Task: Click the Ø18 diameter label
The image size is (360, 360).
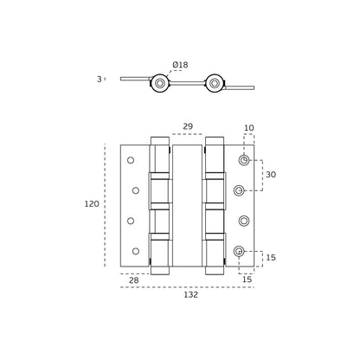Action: coord(180,65)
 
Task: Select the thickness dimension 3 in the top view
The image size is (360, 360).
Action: coord(100,79)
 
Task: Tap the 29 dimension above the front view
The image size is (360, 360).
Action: coord(188,126)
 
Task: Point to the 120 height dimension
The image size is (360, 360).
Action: coord(92,204)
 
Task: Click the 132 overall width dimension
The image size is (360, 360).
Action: coord(191,294)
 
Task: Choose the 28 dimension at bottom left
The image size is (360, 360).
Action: coord(133,280)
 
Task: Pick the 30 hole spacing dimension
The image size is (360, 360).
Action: coord(271,175)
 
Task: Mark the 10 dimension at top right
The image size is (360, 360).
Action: coord(249,128)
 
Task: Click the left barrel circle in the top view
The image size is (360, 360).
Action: coord(160,83)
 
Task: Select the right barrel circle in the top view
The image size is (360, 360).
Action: coord(214,83)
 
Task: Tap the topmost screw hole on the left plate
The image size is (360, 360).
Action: coord(131,160)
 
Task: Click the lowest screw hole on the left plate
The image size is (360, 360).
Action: coord(136,251)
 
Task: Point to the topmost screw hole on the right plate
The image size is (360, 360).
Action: coord(244,160)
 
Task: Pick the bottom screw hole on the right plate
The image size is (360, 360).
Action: coord(239,251)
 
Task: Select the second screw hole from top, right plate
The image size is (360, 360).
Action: coord(239,190)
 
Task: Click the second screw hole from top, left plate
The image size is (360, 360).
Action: coord(136,190)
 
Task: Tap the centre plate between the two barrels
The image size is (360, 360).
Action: coord(187,205)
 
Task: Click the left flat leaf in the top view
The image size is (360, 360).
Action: coord(135,79)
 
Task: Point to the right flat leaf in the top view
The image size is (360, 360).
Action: coord(240,87)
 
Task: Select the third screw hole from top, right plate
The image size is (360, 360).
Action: coord(244,221)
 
